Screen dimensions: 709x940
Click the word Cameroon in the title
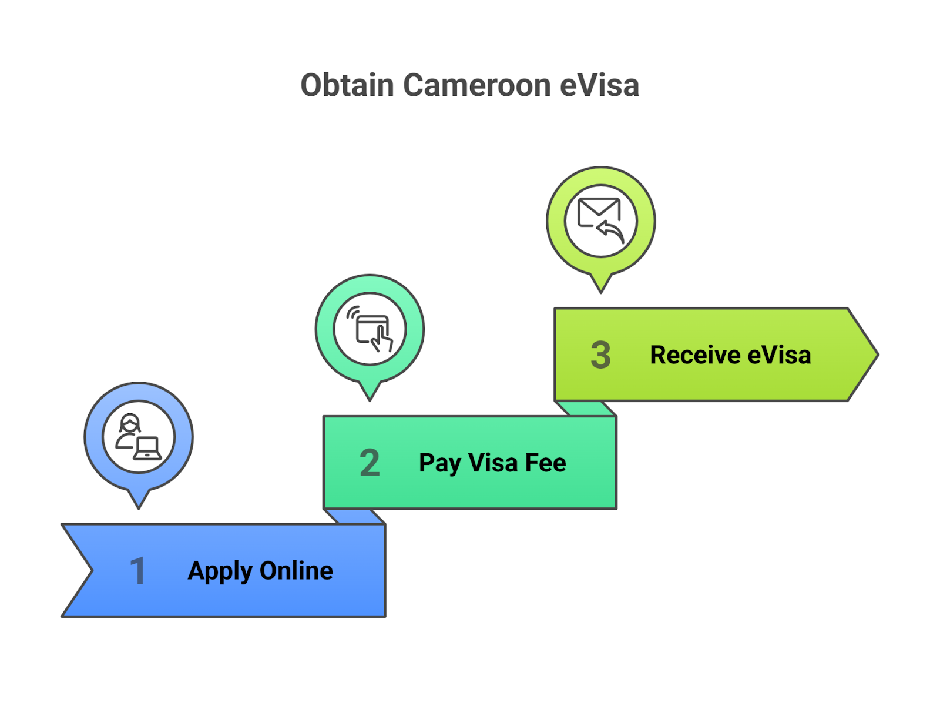[x=476, y=85]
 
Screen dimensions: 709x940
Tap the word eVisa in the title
[x=599, y=85]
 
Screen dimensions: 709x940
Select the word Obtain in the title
[x=347, y=85]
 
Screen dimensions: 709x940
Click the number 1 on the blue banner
[x=138, y=571]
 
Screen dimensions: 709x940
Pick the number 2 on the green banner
[x=370, y=463]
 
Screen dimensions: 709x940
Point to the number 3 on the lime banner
[x=600, y=355]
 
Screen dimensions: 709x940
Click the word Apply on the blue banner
[x=220, y=571]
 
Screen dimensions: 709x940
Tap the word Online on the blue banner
[x=296, y=571]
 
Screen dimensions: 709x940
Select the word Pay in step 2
[x=439, y=463]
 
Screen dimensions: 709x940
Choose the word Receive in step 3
[x=695, y=355]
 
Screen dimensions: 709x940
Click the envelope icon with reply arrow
[x=600, y=220]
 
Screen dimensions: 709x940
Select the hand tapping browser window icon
[x=370, y=329]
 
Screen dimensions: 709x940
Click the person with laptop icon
[x=139, y=437]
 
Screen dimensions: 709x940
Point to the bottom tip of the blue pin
[x=139, y=507]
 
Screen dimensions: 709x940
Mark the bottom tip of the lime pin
[x=600, y=291]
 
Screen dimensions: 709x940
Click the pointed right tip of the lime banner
[x=877, y=354]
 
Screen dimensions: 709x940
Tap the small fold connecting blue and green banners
[x=355, y=516]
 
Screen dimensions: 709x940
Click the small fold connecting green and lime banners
[x=586, y=409]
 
